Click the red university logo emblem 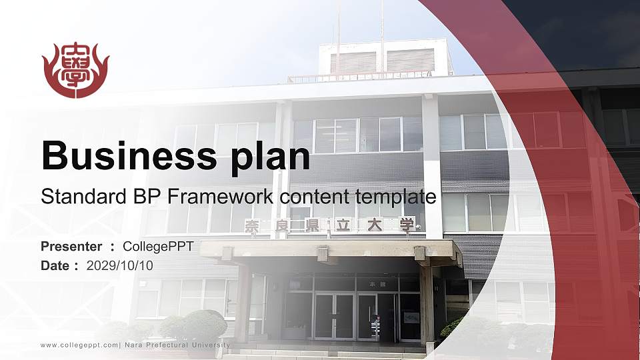pyautogui.click(x=75, y=70)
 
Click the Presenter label pyautogui.click(x=71, y=247)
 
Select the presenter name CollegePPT pyautogui.click(x=158, y=247)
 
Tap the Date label pyautogui.click(x=55, y=266)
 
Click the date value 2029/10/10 pyautogui.click(x=119, y=266)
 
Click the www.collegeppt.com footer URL pyautogui.click(x=79, y=345)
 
